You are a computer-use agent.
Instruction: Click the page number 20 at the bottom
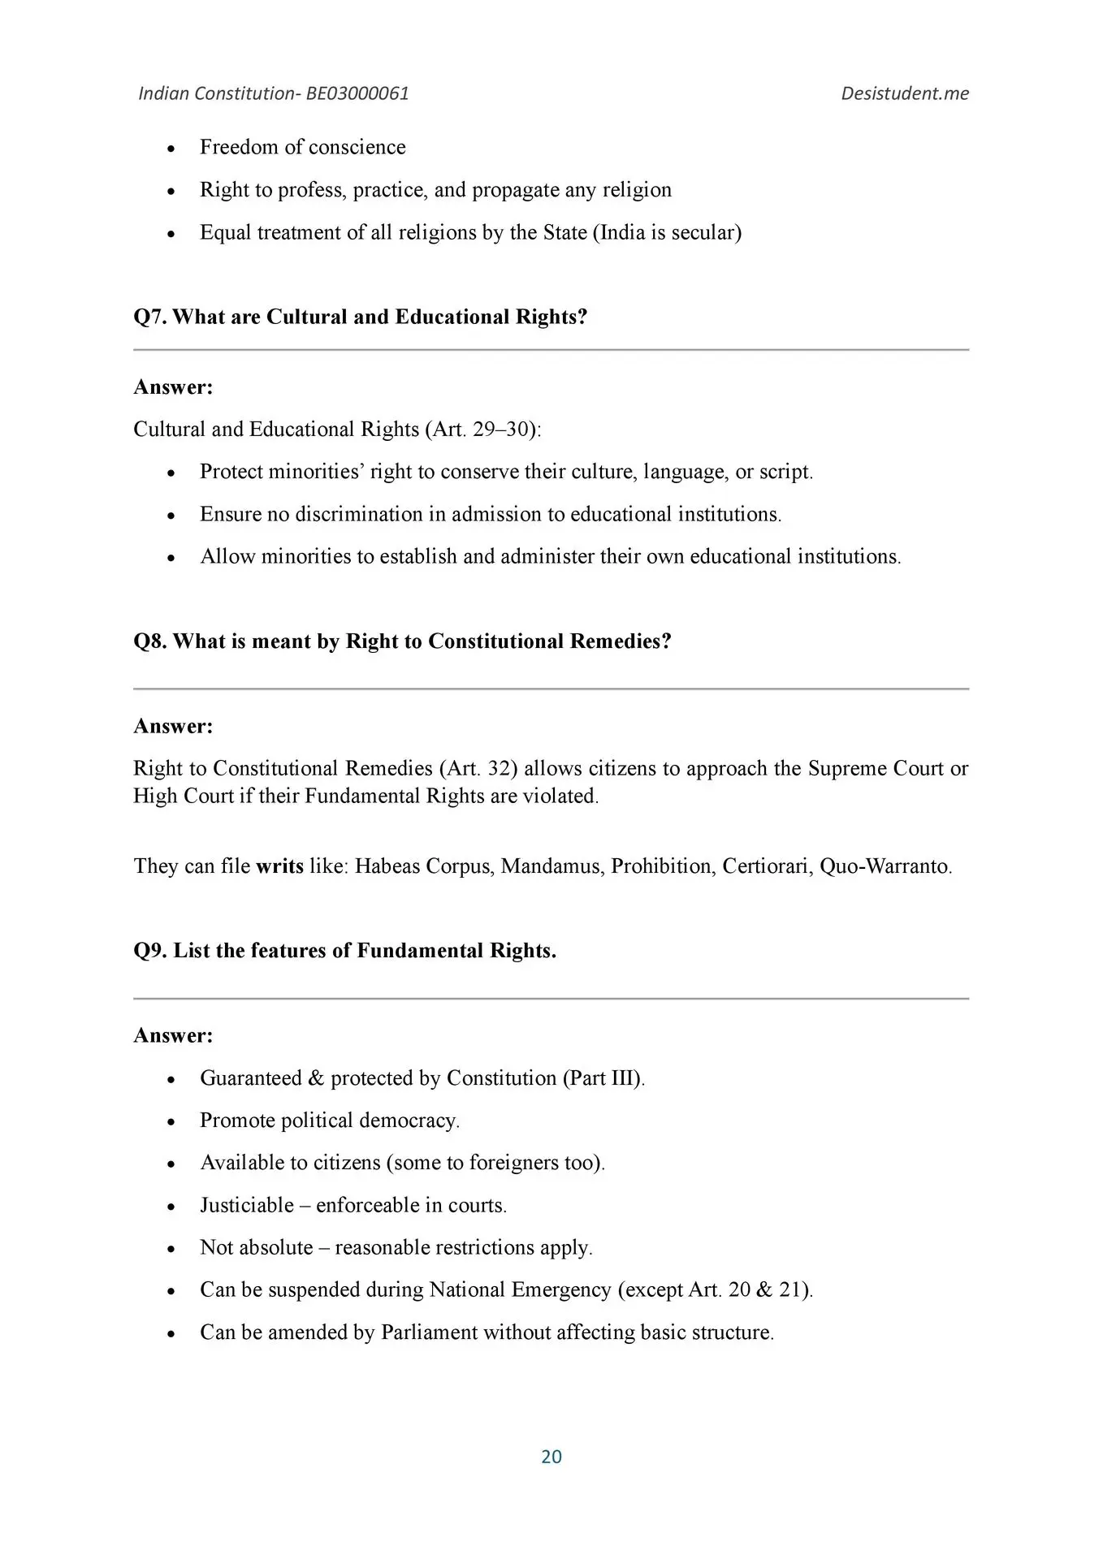551,1456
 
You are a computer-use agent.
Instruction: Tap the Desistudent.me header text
905,93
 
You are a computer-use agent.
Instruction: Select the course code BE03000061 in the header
357,93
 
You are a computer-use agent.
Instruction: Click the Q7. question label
151,317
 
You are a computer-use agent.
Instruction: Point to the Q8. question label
151,641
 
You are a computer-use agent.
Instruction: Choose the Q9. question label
151,951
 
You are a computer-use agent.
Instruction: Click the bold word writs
279,866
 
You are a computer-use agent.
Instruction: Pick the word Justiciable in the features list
247,1205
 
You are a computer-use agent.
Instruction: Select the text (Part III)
602,1078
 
